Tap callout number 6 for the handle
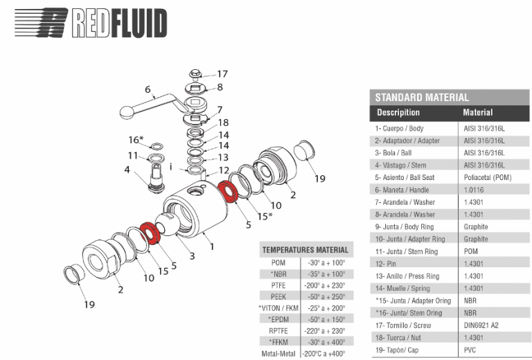coord(147,89)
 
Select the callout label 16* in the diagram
coord(136,140)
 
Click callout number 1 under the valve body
coord(213,245)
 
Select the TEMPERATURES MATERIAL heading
coord(305,250)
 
